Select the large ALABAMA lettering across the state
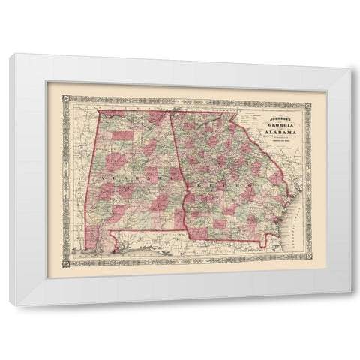click(x=127, y=184)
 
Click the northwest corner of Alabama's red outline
click(x=96, y=109)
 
